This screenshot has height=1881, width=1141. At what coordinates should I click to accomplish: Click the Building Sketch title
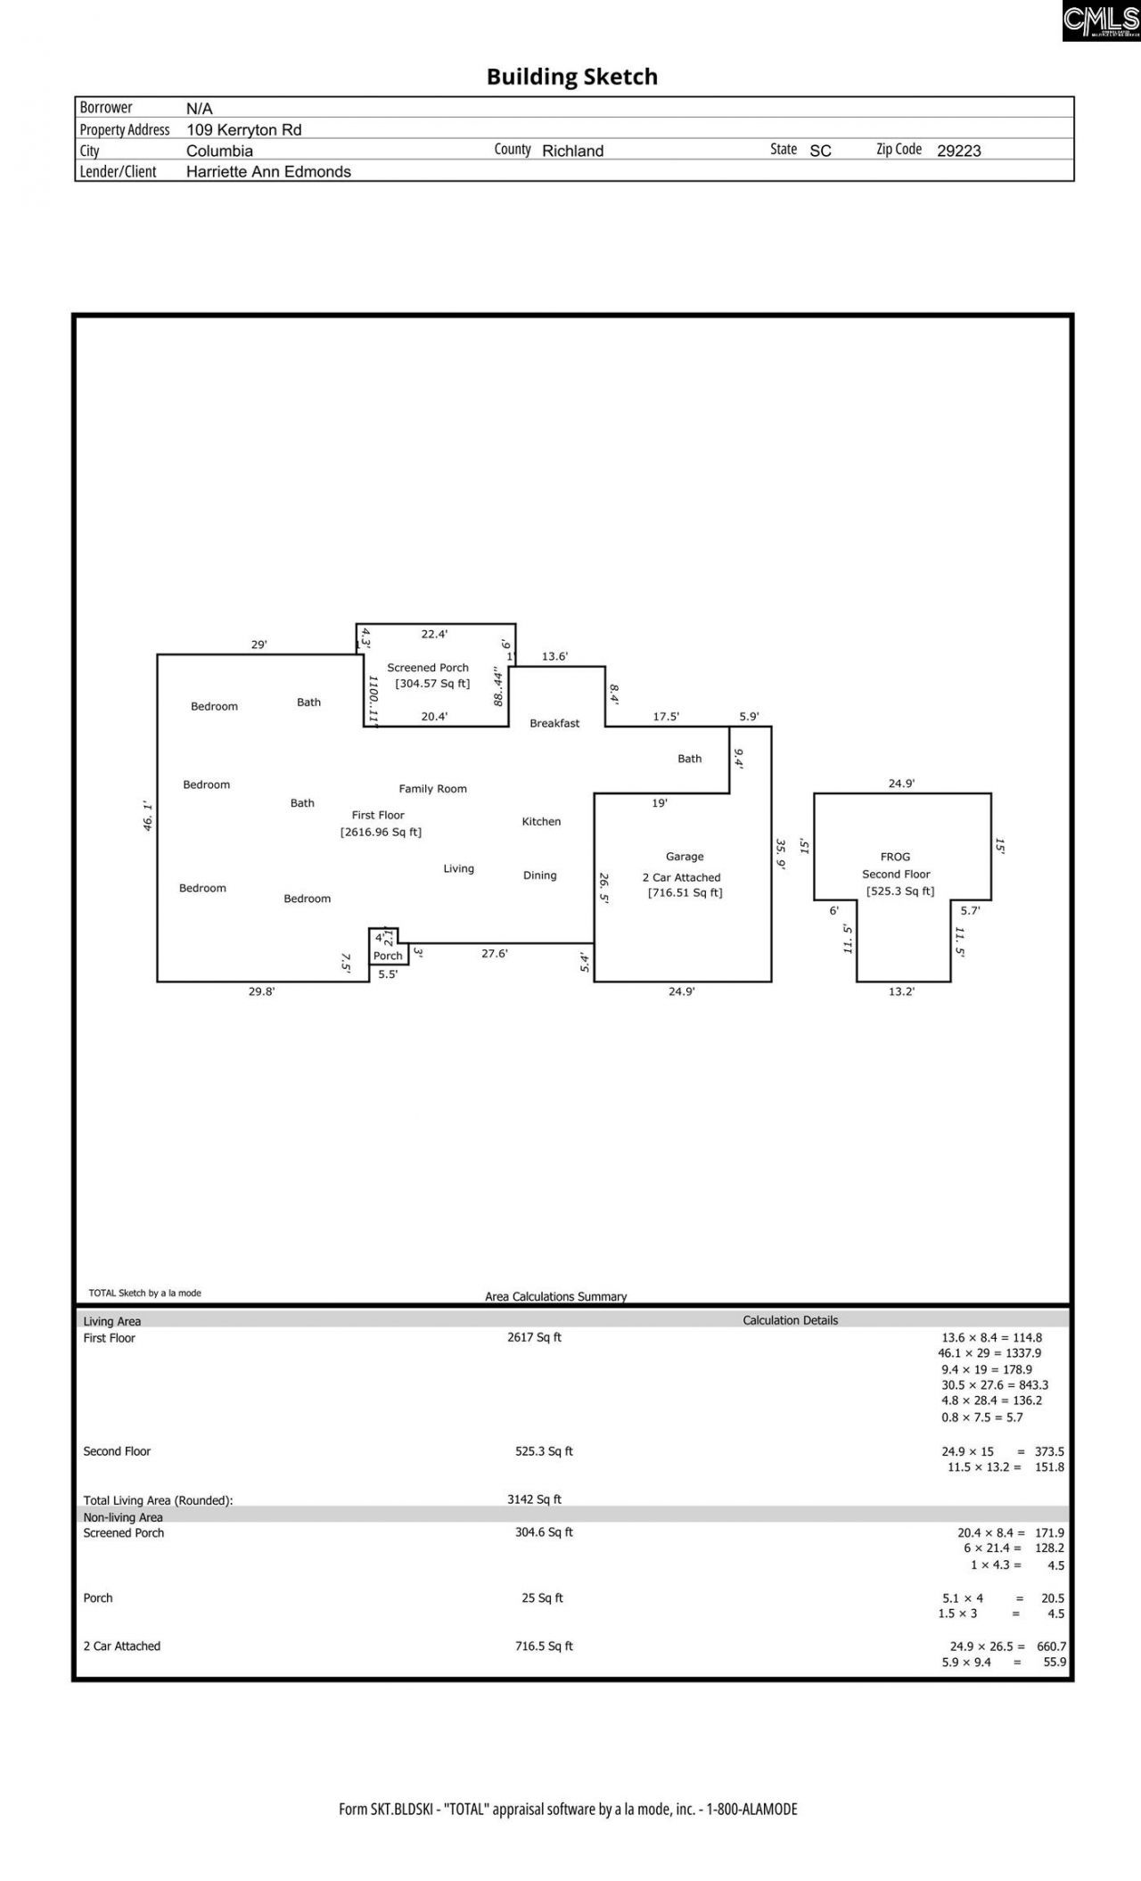point(571,77)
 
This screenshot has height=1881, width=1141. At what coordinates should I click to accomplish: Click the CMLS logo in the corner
point(1101,20)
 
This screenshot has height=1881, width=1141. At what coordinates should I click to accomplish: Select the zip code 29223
point(958,151)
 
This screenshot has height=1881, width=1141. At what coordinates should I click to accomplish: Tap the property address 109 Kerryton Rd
point(243,129)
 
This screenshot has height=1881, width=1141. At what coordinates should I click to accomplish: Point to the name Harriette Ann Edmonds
point(268,172)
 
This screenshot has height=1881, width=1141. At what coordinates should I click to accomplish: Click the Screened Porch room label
point(428,668)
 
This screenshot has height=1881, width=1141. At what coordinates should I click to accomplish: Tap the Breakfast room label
point(554,723)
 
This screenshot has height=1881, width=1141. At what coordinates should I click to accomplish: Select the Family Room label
point(432,789)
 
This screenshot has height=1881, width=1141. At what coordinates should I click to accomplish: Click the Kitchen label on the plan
point(541,822)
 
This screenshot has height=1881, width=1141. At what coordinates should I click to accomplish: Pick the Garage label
point(685,857)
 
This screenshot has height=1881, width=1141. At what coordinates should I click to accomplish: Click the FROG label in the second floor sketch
point(895,857)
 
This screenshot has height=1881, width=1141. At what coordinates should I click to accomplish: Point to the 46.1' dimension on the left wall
point(148,817)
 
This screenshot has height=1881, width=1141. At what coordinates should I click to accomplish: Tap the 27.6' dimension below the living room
point(495,953)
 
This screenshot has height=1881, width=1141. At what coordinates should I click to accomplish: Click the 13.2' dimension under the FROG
point(901,991)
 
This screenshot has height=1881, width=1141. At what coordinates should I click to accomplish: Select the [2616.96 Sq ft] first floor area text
point(381,833)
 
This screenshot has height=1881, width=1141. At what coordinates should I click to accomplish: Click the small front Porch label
point(388,956)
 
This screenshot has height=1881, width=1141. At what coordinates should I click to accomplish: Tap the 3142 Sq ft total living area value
point(534,1499)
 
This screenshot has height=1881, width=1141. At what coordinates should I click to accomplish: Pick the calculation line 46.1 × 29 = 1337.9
point(989,1353)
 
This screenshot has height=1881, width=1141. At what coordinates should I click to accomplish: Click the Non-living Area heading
point(123,1517)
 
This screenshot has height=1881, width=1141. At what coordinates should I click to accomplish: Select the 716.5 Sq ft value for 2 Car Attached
point(544,1647)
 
